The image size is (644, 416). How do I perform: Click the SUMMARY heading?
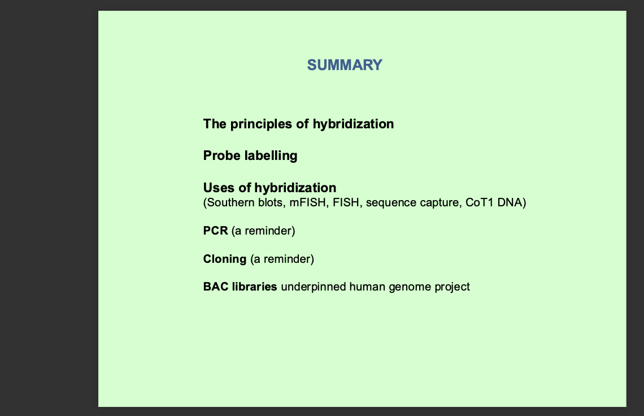pyautogui.click(x=345, y=65)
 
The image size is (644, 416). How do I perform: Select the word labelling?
pyautogui.click(x=271, y=156)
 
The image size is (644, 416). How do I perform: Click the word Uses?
pyautogui.click(x=219, y=188)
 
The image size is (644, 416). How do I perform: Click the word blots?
pyautogui.click(x=272, y=202)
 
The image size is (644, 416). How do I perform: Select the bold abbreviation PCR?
pyautogui.click(x=216, y=231)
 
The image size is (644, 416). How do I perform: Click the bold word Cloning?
pyautogui.click(x=225, y=259)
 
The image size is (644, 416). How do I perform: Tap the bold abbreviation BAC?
pyautogui.click(x=216, y=287)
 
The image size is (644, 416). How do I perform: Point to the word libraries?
pyautogui.click(x=255, y=287)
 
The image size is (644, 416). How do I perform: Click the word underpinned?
pyautogui.click(x=314, y=287)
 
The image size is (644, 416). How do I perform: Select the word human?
pyautogui.click(x=367, y=287)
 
